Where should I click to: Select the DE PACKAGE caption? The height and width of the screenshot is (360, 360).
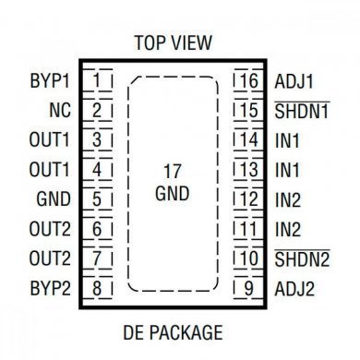point(173,330)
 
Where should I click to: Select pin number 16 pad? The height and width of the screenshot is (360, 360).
point(246,80)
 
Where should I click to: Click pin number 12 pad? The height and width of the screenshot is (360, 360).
point(246,198)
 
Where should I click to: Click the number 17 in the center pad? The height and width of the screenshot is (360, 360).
point(172,172)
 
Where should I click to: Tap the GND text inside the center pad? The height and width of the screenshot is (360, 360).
point(172,195)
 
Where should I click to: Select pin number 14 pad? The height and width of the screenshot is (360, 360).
point(246,139)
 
